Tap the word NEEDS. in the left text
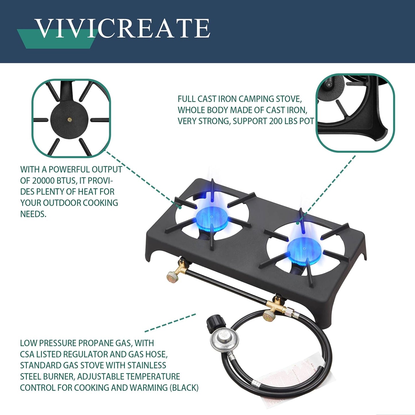coord(33,214)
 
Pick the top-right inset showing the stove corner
coord(355,113)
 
